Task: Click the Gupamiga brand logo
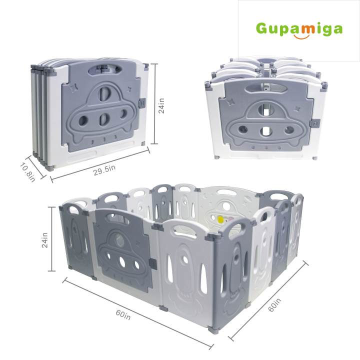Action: click(x=299, y=28)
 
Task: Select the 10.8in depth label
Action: click(x=28, y=171)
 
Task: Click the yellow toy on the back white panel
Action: click(x=220, y=219)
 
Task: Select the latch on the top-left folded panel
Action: click(x=141, y=103)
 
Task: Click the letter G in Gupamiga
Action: click(x=262, y=28)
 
